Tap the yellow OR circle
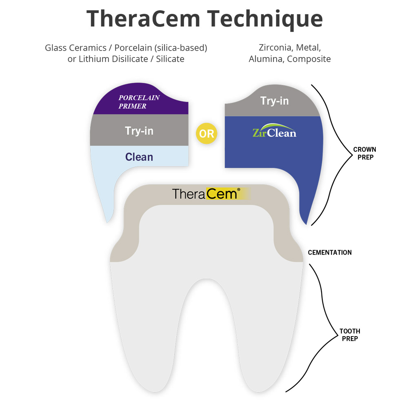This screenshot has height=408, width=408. pyautogui.click(x=207, y=133)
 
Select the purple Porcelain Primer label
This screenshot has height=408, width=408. pyautogui.click(x=139, y=102)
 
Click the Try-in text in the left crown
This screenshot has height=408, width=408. pyautogui.click(x=139, y=131)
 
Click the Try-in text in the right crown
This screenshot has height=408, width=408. pyautogui.click(x=274, y=101)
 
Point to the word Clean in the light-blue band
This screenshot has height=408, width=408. pyautogui.click(x=139, y=157)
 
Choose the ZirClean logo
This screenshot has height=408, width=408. pyautogui.click(x=274, y=131)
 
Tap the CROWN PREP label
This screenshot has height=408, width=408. pyautogui.click(x=365, y=153)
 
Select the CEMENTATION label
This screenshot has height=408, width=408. pyautogui.click(x=330, y=253)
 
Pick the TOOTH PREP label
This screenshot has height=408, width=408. pyautogui.click(x=350, y=335)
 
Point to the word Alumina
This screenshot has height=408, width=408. pyautogui.click(x=266, y=59)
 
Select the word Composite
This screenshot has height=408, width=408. pyautogui.click(x=309, y=59)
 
